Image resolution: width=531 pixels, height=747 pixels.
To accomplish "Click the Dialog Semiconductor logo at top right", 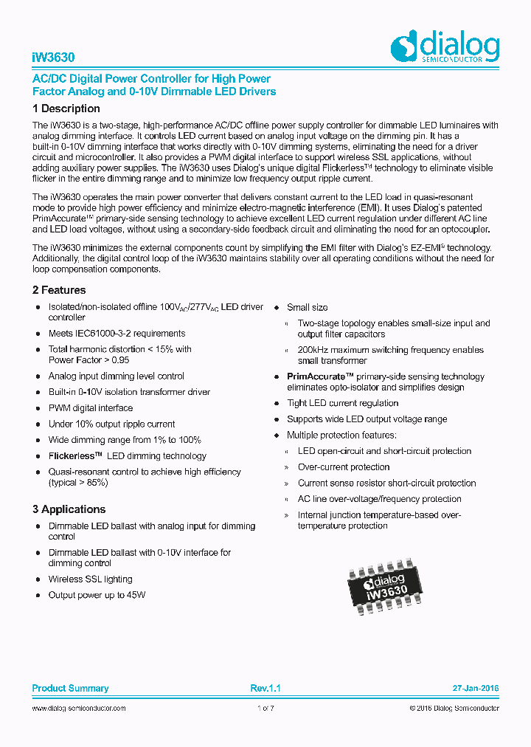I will [445, 47].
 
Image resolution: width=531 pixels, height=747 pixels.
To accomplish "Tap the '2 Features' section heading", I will [59, 290].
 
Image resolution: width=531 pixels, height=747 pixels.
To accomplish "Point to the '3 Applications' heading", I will [69, 509].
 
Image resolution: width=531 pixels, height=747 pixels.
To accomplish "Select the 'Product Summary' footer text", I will [70, 688].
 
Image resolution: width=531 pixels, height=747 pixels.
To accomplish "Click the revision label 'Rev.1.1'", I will [265, 688].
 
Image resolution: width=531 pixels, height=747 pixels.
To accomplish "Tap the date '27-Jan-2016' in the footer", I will [476, 688].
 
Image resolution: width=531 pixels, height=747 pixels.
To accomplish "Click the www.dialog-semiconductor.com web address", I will [79, 708].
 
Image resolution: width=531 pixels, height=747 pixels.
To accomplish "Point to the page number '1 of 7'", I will [265, 708].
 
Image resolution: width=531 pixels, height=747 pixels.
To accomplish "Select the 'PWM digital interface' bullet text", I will [91, 408].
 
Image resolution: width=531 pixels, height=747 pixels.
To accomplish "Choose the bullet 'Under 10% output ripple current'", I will [111, 424].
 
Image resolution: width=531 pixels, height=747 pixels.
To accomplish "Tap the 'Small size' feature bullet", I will [308, 307].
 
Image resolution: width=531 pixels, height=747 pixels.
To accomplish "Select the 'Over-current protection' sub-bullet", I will [344, 467].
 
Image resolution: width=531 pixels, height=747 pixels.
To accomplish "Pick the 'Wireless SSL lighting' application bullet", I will [91, 579].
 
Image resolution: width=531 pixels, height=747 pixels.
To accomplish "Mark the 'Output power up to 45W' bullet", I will [97, 595].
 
